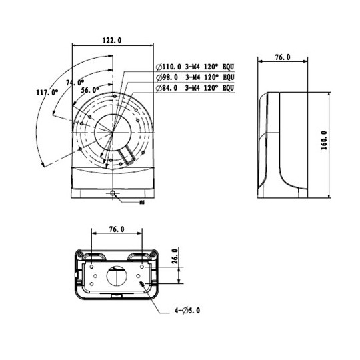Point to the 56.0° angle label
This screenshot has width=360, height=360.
tap(90, 89)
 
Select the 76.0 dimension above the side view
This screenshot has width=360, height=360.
tap(282, 58)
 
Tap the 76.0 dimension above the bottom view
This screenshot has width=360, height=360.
tap(115, 229)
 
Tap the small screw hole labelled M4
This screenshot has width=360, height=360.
tap(114, 193)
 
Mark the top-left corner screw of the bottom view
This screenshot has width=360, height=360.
tap(79, 254)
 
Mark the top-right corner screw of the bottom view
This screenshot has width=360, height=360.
tap(153, 254)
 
